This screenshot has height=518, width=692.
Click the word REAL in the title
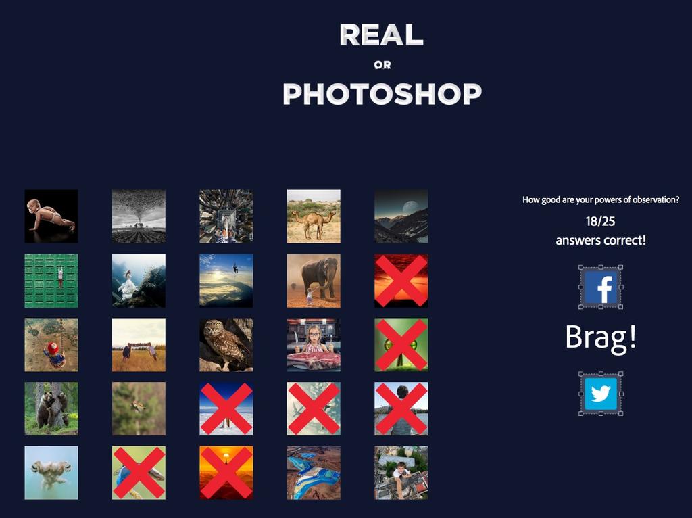tap(382, 34)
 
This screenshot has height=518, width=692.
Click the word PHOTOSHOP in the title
tap(382, 93)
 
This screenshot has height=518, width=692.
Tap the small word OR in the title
tap(382, 65)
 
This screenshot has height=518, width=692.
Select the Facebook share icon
tap(601, 287)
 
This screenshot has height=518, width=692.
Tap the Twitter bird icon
tap(601, 394)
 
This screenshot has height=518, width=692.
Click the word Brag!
tap(601, 337)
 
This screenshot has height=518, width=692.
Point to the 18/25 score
tap(600, 221)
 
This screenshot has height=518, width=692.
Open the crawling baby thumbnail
tap(51, 216)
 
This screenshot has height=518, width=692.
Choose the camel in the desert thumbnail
tap(314, 216)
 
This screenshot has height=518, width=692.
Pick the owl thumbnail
tap(226, 345)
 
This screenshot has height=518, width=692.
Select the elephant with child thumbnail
tap(314, 281)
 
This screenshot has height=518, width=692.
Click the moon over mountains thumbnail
tap(401, 216)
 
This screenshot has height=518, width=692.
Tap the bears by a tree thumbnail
tap(51, 409)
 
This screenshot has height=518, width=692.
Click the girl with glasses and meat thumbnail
tap(314, 345)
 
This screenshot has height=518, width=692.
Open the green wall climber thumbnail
tap(51, 281)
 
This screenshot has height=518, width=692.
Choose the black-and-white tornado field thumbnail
tap(139, 216)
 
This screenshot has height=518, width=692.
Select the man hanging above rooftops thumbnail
tap(401, 473)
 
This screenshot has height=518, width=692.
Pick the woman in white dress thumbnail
tap(139, 281)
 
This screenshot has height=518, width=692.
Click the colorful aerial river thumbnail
tap(314, 473)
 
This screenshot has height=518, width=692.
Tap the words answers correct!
tap(601, 241)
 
